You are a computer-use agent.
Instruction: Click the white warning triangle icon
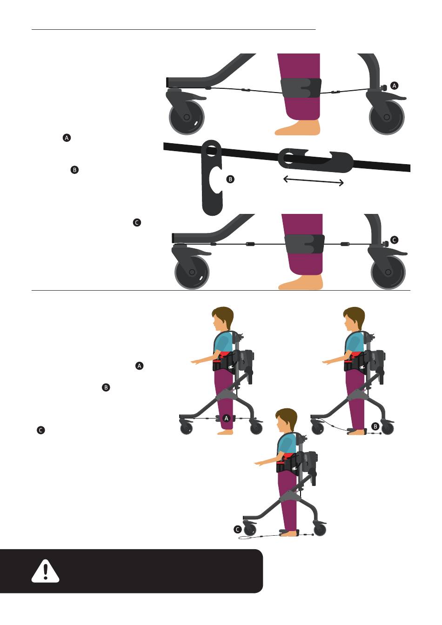(45, 572)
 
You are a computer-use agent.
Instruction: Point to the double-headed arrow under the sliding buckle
(313, 180)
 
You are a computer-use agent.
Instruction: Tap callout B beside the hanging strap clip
(230, 179)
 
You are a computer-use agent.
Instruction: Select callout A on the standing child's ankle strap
(227, 418)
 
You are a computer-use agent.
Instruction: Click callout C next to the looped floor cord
(238, 530)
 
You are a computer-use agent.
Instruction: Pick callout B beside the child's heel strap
(375, 426)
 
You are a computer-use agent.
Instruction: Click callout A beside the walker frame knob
(394, 86)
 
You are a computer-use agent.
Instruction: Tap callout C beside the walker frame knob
(394, 240)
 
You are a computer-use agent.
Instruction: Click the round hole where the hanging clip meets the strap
(211, 151)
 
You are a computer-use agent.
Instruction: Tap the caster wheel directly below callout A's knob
(387, 117)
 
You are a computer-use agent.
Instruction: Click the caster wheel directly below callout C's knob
(388, 272)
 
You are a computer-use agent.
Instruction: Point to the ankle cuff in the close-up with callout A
(301, 88)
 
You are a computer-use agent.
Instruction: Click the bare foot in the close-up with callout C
(301, 283)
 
